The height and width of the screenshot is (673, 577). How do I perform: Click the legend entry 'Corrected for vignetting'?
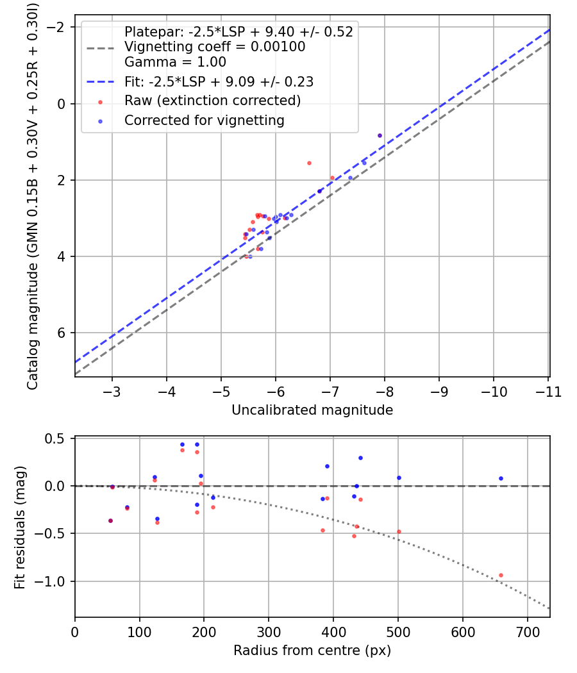coord(205,120)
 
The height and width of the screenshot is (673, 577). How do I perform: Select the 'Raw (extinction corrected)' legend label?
coord(212,101)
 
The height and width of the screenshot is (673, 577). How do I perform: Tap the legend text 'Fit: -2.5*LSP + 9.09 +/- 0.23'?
coord(219,81)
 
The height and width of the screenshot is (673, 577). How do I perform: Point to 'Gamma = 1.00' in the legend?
coord(175,62)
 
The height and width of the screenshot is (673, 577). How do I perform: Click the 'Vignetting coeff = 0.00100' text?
coord(215,46)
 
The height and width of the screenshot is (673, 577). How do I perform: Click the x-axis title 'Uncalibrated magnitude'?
coord(312,410)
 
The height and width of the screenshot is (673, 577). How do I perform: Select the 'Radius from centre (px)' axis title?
coord(312,651)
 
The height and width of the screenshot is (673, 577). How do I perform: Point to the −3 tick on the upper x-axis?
coord(112,392)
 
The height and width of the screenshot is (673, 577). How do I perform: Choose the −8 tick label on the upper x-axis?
coord(384,392)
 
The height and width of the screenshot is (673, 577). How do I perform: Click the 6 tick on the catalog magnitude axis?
coord(62,333)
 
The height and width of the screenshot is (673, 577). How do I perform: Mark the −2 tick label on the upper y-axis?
coord(55,28)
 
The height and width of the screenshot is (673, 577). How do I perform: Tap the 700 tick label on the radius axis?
coord(528,632)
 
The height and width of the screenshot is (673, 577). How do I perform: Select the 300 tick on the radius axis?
coord(269,632)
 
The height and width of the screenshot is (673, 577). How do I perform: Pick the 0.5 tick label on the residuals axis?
coord(54,438)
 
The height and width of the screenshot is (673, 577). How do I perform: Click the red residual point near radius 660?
coord(501,576)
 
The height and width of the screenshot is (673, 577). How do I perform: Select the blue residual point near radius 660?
coord(501,479)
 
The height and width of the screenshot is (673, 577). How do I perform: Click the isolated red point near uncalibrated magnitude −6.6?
coord(309,163)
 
